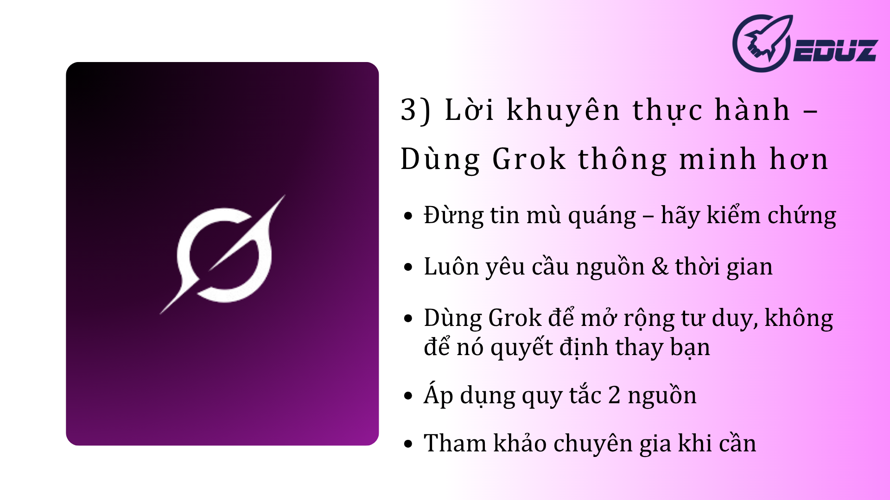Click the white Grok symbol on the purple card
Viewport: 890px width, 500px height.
click(x=223, y=255)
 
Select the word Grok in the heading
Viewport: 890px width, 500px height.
click(x=529, y=159)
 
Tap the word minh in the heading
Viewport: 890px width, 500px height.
click(x=718, y=159)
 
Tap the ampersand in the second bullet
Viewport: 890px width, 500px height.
click(x=660, y=267)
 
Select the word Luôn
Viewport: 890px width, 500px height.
click(x=450, y=266)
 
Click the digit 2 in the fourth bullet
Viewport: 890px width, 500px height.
click(x=614, y=395)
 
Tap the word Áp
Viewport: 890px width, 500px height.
click(x=439, y=394)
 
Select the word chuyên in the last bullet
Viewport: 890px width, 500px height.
click(x=593, y=444)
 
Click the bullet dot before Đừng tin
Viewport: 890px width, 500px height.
click(x=408, y=216)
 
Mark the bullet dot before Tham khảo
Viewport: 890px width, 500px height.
click(x=408, y=444)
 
